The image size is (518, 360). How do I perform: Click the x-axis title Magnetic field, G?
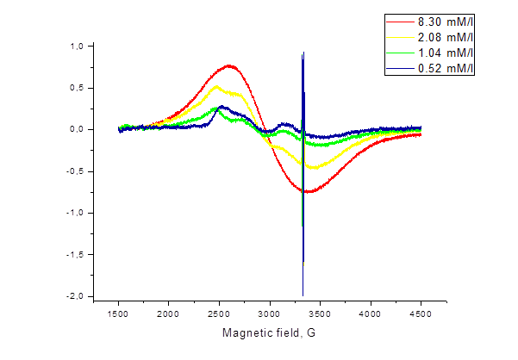point(270,332)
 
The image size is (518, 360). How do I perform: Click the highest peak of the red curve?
point(228,65)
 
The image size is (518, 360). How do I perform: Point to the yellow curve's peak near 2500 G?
point(215,86)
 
